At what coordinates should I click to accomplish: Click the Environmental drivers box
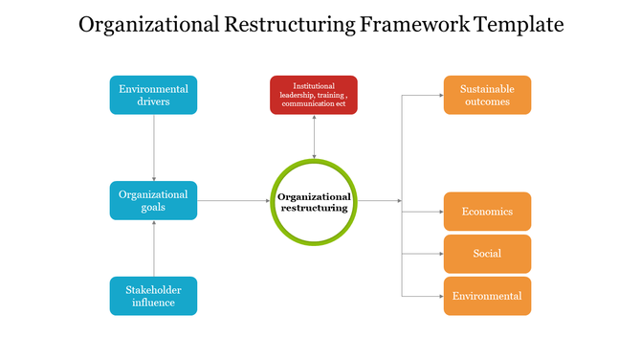(x=153, y=95)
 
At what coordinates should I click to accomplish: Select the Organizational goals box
(x=153, y=200)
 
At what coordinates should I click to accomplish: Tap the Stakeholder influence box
(x=153, y=296)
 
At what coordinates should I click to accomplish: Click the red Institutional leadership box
(x=314, y=95)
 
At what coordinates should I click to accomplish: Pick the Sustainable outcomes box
(x=486, y=95)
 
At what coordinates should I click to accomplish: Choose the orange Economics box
(x=487, y=212)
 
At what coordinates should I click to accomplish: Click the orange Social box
(x=487, y=254)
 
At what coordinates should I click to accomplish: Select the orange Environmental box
(x=487, y=296)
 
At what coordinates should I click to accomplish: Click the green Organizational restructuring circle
(x=314, y=201)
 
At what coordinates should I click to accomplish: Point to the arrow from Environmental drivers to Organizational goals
(x=154, y=147)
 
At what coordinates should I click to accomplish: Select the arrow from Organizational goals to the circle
(x=233, y=201)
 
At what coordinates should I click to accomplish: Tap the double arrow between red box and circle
(x=314, y=138)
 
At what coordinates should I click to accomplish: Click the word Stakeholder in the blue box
(x=153, y=289)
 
